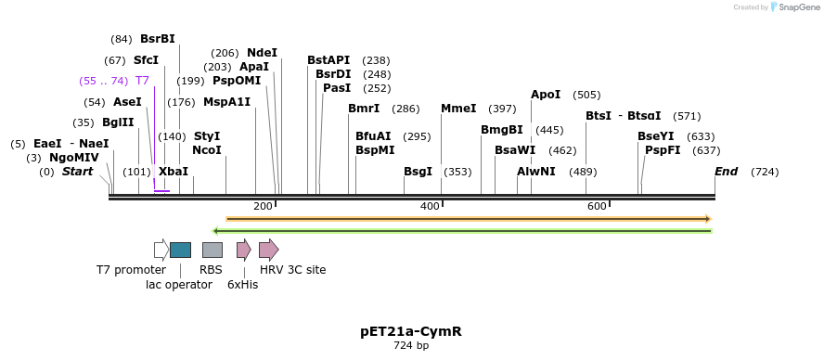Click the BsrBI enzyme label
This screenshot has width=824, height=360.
(x=157, y=39)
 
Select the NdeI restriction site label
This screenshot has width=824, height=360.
(x=262, y=53)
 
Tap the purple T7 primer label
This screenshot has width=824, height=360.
(x=142, y=81)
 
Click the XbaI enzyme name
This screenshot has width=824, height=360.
(x=173, y=172)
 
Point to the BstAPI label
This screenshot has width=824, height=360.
(x=328, y=60)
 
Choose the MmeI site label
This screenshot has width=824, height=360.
(x=458, y=109)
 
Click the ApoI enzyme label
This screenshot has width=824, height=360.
(x=546, y=95)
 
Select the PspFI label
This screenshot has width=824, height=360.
(x=663, y=150)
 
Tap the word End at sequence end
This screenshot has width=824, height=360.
(x=726, y=172)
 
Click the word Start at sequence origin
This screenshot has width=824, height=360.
(x=77, y=172)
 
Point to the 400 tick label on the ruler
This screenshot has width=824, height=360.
(x=429, y=206)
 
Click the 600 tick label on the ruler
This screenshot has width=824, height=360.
(x=596, y=206)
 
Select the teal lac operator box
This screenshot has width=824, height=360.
(x=180, y=250)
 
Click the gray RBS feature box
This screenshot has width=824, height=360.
(x=212, y=250)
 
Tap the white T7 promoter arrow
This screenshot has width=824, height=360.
(x=161, y=250)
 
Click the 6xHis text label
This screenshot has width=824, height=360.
(x=242, y=285)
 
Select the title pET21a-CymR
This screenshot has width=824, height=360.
(x=410, y=331)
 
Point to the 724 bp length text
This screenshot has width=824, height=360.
(x=410, y=346)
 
